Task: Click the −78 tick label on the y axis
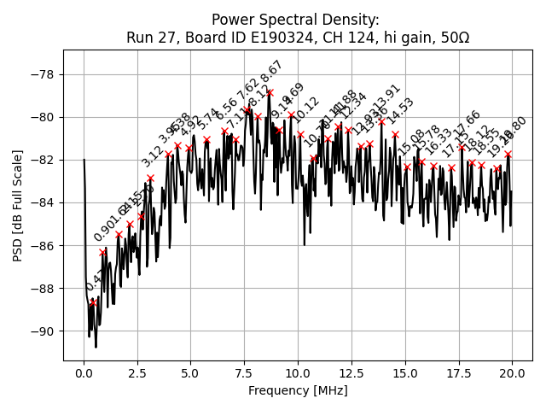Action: (43, 74)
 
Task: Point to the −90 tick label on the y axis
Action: (43, 331)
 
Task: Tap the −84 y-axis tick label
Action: (43, 202)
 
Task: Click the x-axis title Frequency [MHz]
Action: (298, 390)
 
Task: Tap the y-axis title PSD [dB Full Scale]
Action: (18, 205)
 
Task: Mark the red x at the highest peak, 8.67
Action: (270, 92)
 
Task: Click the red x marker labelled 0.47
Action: (94, 302)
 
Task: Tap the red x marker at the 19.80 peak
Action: (508, 155)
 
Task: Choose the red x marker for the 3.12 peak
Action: (150, 178)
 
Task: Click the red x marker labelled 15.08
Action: (407, 167)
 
